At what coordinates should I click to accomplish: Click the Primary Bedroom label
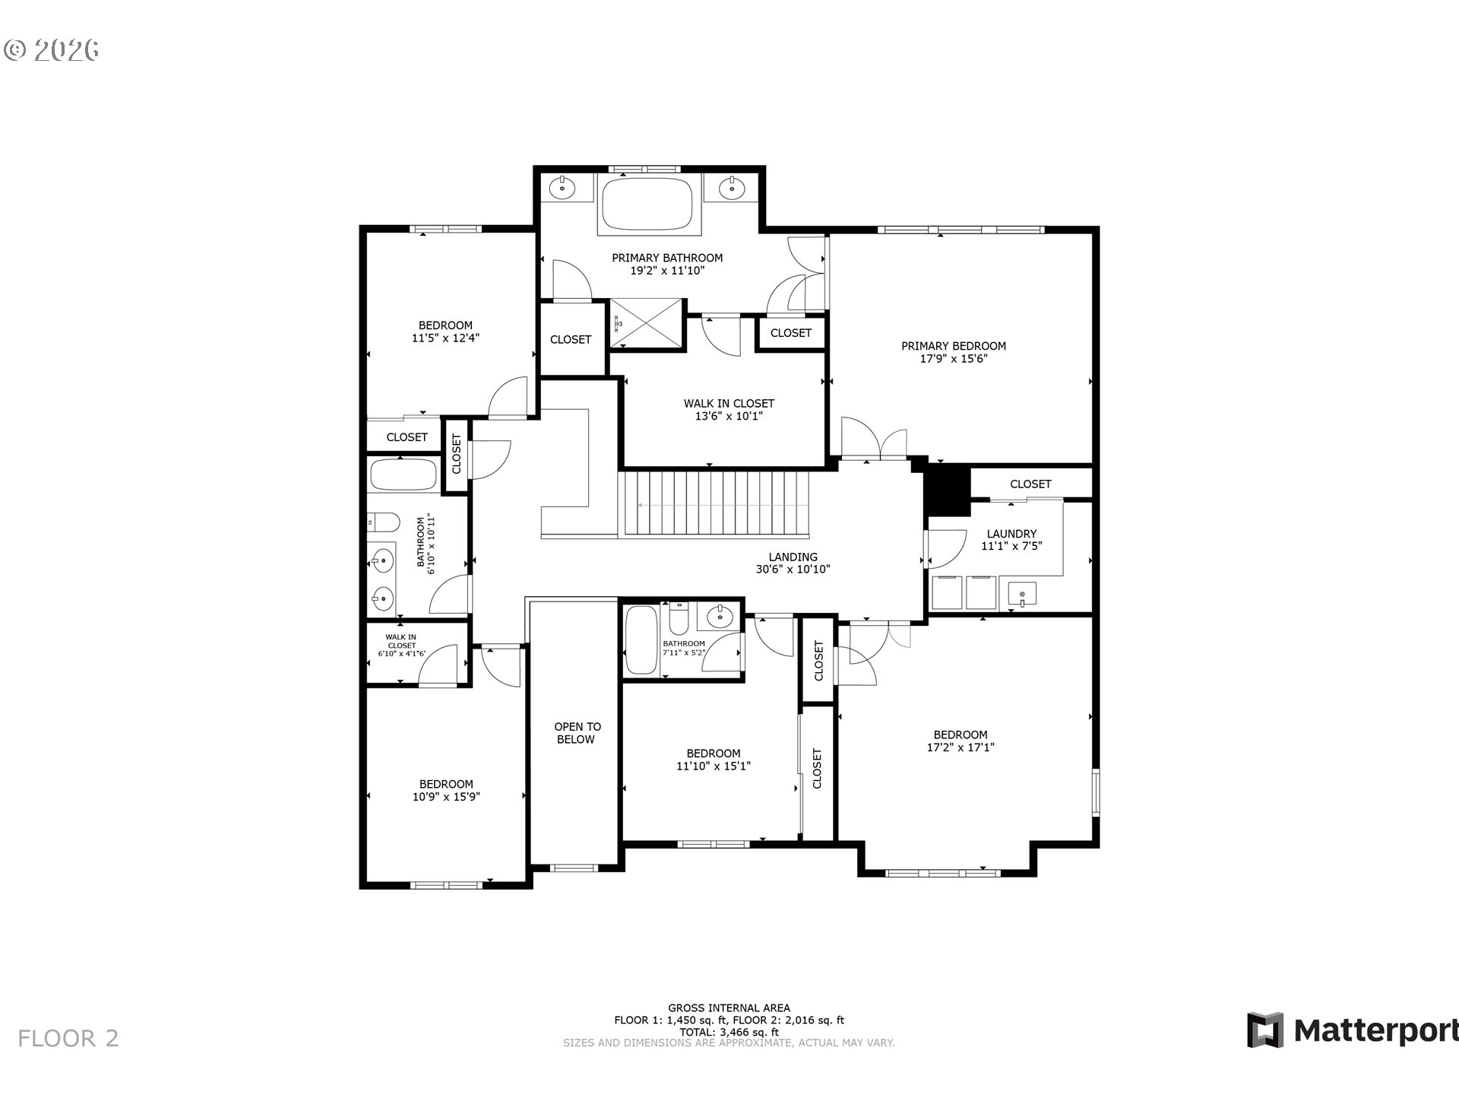(953, 351)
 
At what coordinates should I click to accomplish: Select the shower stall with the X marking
(647, 324)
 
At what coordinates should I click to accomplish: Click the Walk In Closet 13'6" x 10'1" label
(728, 409)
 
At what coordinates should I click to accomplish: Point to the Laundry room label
(1011, 539)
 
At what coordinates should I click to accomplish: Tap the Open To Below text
(576, 732)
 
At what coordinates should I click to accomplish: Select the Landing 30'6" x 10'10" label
(792, 563)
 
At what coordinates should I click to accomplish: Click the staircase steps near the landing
(714, 504)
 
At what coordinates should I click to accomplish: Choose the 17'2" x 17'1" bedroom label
(960, 741)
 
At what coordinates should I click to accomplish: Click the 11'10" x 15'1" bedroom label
(713, 759)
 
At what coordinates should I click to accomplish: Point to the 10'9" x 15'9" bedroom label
(446, 790)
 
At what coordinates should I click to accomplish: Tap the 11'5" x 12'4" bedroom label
(445, 332)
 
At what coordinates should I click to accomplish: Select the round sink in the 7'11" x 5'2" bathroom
(719, 617)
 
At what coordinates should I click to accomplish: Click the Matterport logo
(1351, 1030)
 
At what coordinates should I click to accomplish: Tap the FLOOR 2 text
(68, 1038)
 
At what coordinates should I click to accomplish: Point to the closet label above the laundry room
(1030, 484)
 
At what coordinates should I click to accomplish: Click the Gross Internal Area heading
(728, 1008)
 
